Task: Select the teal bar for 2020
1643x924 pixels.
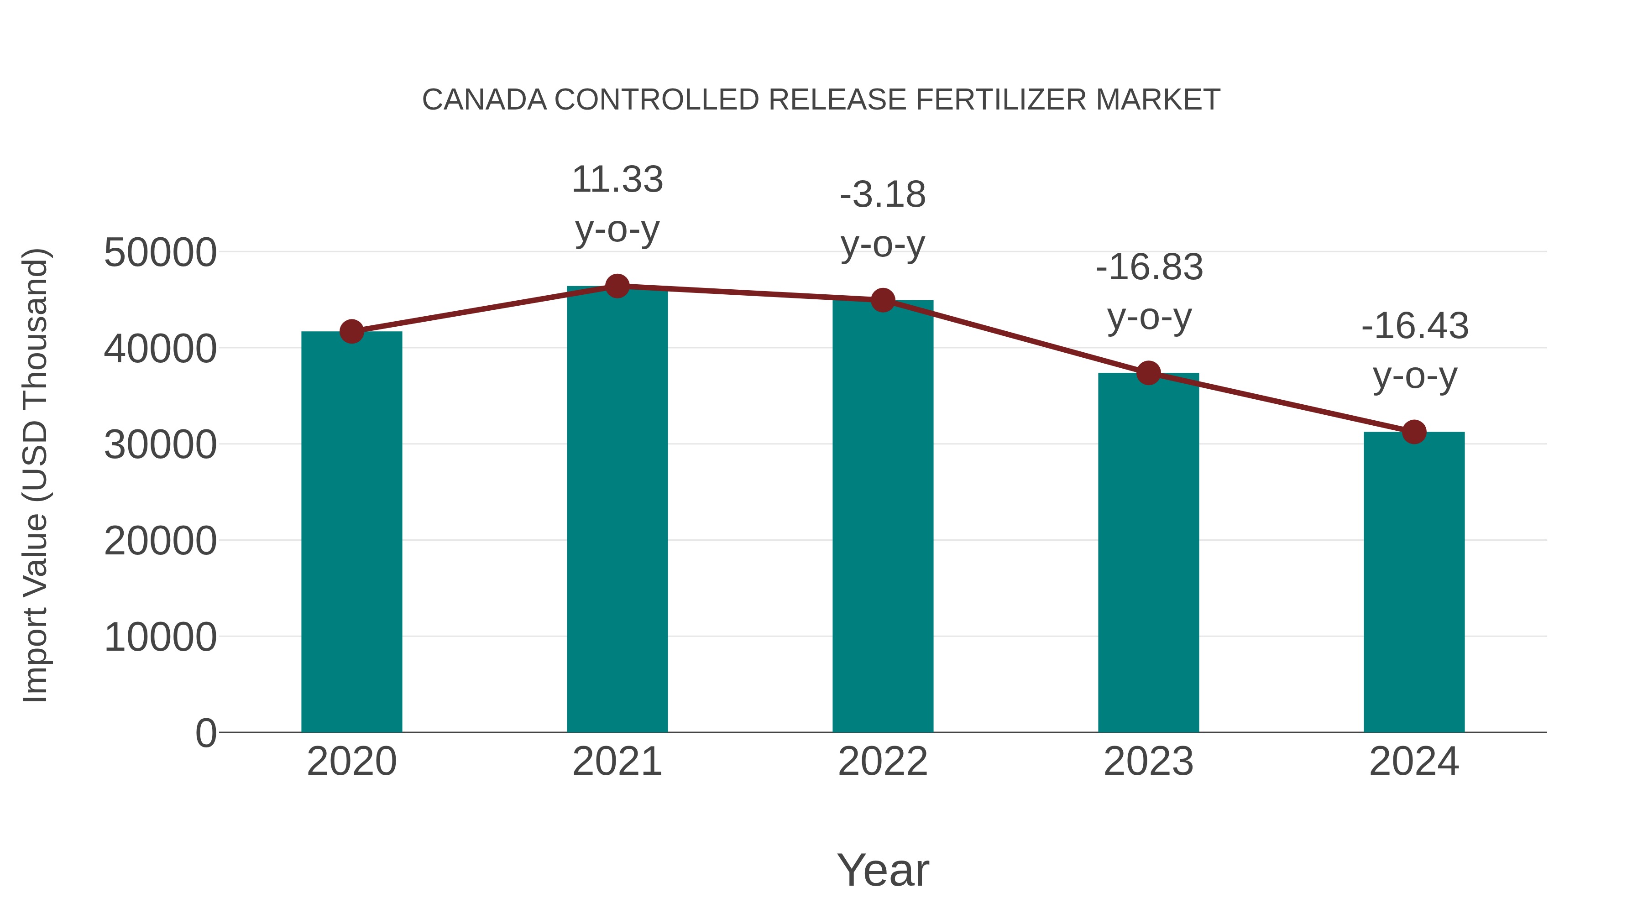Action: pos(351,532)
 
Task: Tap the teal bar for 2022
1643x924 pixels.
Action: pos(883,517)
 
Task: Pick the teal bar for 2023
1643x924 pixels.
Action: pos(1148,553)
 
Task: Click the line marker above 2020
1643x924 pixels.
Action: pos(351,332)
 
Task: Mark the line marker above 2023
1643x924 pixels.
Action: pos(1148,373)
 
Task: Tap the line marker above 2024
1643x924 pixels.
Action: pos(1414,433)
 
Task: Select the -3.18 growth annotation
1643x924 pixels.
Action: pos(883,195)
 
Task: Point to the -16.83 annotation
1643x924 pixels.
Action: pos(1149,267)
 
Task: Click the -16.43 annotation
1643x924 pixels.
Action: pos(1415,327)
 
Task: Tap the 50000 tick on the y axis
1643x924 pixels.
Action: pos(160,252)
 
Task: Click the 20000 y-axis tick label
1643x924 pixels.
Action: pos(160,541)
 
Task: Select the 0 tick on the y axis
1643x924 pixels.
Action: pos(205,733)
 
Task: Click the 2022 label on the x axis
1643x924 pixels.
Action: pos(883,762)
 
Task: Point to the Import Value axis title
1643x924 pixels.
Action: pos(36,475)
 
